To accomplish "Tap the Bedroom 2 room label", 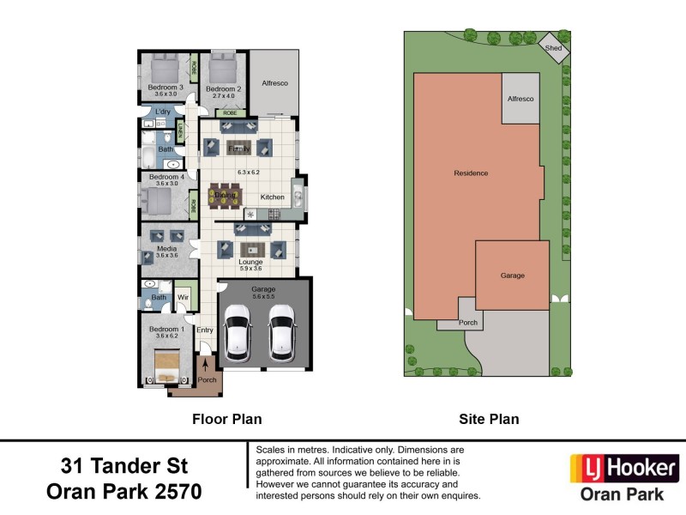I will coord(223,88).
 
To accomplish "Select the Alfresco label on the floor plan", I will coord(274,83).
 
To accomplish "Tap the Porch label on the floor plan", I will coord(207,379).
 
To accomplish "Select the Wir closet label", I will coord(183,298).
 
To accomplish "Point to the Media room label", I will coord(165,249).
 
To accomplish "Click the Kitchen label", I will coord(272,197).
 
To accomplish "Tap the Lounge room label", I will coord(250,261).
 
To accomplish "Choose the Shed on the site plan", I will coord(554,48).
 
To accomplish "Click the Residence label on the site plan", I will coord(471,173).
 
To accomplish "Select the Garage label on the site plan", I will coord(512,276).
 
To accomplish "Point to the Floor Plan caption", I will coord(226,420).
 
